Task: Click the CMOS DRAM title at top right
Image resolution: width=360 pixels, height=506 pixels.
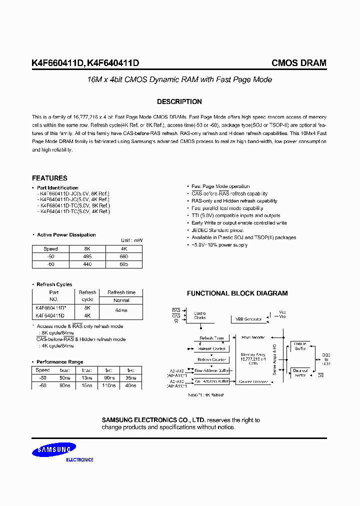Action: (298, 63)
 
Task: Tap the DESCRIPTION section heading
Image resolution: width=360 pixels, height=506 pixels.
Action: (179, 101)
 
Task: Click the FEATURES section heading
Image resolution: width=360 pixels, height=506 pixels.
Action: (49, 178)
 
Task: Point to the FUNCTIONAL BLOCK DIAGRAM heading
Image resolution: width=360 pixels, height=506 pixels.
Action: (237, 293)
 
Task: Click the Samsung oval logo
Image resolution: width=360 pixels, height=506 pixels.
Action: (55, 451)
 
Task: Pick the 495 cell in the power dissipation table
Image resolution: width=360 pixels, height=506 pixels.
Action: (87, 256)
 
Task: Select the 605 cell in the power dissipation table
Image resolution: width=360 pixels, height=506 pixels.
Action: (124, 263)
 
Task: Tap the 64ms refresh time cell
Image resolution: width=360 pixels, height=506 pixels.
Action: (121, 310)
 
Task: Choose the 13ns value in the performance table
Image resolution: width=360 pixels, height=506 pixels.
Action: (86, 378)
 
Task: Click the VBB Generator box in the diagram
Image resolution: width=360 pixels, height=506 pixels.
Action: (248, 319)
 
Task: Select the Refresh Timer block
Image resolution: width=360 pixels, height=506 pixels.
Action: (212, 338)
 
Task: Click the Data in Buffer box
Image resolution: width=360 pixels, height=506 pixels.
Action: (300, 346)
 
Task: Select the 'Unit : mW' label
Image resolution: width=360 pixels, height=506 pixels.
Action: (131, 240)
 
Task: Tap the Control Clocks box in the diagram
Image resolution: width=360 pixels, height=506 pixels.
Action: (200, 315)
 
